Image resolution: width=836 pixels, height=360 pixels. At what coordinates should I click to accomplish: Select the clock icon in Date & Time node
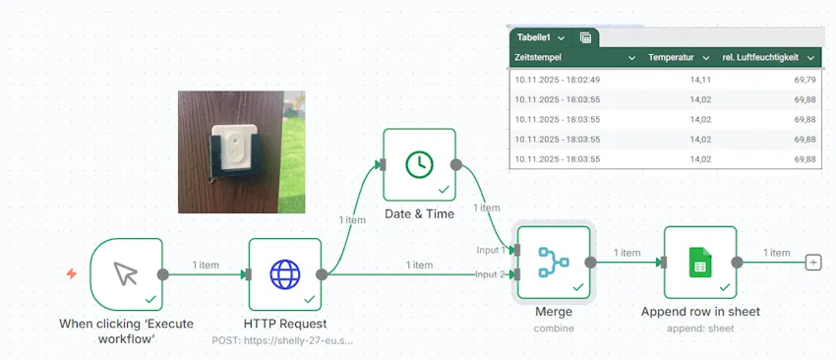[419, 164]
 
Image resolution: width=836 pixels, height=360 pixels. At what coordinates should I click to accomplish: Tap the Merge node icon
[553, 262]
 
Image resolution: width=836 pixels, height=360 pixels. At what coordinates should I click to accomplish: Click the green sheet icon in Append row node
[700, 263]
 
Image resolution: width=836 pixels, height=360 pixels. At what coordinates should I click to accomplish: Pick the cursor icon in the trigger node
[126, 273]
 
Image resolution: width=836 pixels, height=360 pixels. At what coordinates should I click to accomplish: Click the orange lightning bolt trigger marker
[71, 273]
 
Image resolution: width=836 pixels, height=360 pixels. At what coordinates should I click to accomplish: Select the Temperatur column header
[672, 58]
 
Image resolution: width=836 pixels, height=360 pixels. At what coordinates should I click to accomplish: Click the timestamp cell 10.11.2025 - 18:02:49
[557, 80]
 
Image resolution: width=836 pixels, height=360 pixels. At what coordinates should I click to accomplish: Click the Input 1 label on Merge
[491, 250]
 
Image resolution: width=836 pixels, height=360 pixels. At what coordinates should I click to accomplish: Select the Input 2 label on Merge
[491, 273]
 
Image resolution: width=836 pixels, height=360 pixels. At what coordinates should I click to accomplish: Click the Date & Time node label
[419, 213]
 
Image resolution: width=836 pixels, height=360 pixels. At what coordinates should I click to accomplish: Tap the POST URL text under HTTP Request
[283, 339]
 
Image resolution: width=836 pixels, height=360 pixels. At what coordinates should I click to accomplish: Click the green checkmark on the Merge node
[578, 286]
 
